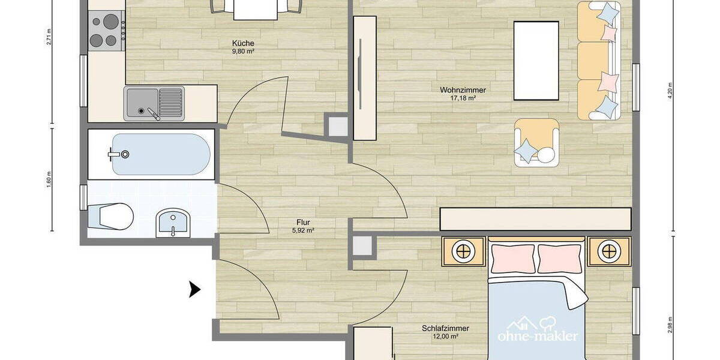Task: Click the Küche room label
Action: (243, 43)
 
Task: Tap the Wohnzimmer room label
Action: (463, 90)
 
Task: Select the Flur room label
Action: (303, 222)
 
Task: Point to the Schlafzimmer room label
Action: (445, 329)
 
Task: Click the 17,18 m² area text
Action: (463, 98)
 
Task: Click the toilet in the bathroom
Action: (112, 216)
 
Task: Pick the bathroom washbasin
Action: (172, 223)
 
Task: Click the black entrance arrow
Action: (194, 290)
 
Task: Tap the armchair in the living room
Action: (536, 143)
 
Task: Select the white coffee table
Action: (536, 60)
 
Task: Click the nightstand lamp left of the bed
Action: (463, 251)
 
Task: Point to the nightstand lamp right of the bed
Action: (609, 251)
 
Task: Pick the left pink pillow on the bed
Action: (513, 258)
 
